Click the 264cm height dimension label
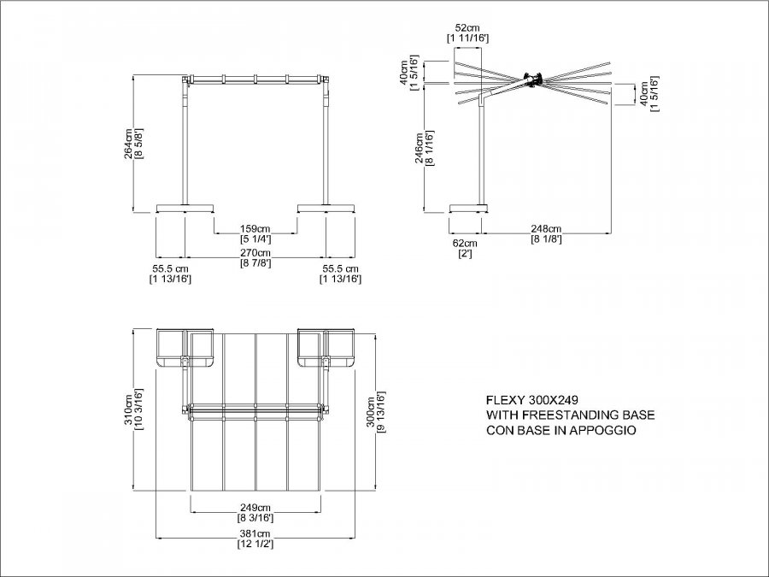coord(128,144)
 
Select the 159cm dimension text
coord(255,228)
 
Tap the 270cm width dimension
coord(255,253)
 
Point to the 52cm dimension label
coord(467,28)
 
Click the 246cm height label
coord(420,148)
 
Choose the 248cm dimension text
coord(546,228)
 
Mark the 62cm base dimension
coord(465,244)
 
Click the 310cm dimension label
coord(128,409)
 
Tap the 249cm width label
coord(255,507)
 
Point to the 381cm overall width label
coord(255,533)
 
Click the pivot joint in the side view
coord(532,79)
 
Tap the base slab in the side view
coord(469,208)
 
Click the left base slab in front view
coord(185,208)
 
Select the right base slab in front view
coord(326,208)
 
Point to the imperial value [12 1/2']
coord(255,544)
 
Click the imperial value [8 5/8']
coord(138,144)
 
